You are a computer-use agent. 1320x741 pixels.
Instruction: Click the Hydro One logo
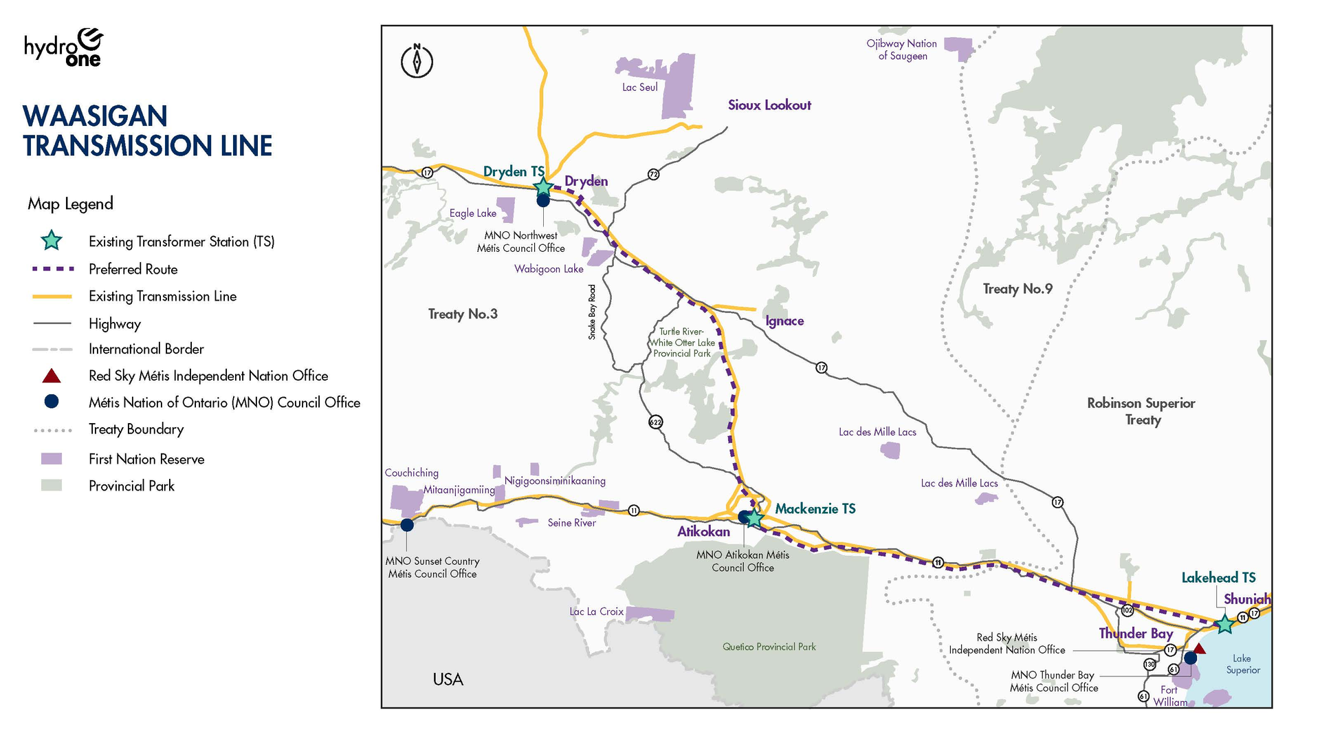click(x=64, y=47)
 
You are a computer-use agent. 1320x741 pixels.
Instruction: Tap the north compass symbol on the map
click(x=417, y=61)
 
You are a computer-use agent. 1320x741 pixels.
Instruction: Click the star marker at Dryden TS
click(x=543, y=186)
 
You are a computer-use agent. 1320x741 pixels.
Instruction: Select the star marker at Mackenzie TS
click(x=754, y=518)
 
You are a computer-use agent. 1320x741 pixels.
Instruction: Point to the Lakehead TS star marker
click(x=1224, y=624)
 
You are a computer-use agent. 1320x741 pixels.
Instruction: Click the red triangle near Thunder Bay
click(x=1199, y=648)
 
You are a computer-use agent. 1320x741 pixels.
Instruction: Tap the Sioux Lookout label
click(x=769, y=105)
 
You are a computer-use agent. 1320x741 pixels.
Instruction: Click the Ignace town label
click(x=784, y=321)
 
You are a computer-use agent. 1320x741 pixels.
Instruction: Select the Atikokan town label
click(x=703, y=531)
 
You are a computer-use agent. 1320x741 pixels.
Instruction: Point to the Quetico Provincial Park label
click(x=769, y=647)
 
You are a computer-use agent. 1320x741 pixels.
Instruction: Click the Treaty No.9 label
click(x=1017, y=289)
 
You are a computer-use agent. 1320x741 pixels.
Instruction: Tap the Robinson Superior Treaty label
click(x=1141, y=411)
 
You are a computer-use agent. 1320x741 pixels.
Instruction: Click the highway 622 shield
click(x=656, y=422)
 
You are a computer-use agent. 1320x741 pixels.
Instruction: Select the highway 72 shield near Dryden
click(x=653, y=175)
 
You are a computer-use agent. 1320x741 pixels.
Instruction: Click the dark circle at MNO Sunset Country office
click(x=407, y=524)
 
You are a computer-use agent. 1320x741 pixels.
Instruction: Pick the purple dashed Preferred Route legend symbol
click(x=52, y=269)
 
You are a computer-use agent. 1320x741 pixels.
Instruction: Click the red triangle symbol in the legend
click(x=52, y=376)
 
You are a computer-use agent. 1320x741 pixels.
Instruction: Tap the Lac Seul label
click(x=639, y=87)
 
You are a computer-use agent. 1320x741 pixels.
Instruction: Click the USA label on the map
click(x=448, y=679)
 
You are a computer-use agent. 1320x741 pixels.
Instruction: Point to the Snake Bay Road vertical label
click(x=592, y=312)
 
